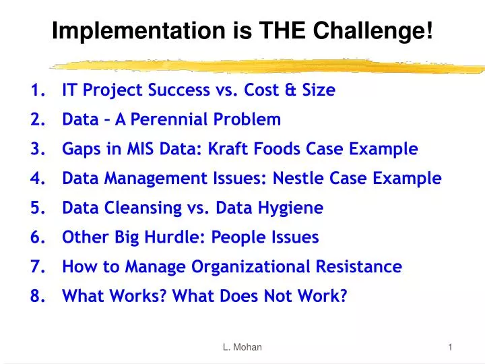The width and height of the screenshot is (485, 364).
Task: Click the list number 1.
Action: pos(36,90)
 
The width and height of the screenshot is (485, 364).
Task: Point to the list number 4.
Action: pos(36,179)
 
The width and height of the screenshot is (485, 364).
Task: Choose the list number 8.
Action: pos(36,297)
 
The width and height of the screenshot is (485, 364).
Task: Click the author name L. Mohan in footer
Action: pos(242,347)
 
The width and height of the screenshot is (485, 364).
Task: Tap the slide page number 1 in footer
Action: pos(450,347)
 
